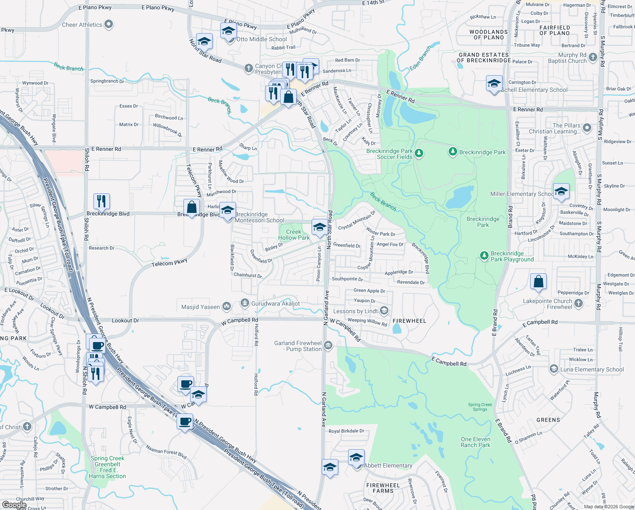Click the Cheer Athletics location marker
pyautogui.click(x=109, y=25)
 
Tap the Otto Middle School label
pyautogui.click(x=261, y=40)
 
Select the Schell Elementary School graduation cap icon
pyautogui.click(x=494, y=83)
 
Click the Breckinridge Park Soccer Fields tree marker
pyautogui.click(x=419, y=153)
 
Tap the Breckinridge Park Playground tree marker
pyautogui.click(x=484, y=256)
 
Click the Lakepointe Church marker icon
pyautogui.click(x=579, y=303)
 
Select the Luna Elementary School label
pyautogui.click(x=592, y=370)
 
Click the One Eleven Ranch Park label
pyautogui.click(x=475, y=442)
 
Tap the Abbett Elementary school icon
pyautogui.click(x=356, y=458)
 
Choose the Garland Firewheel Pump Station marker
pyautogui.click(x=328, y=346)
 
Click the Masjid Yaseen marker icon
pyautogui.click(x=227, y=306)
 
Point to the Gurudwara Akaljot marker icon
pyautogui.click(x=244, y=303)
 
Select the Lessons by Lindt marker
pyautogui.click(x=384, y=311)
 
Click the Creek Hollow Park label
pyautogui.click(x=294, y=235)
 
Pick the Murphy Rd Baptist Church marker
pyautogui.click(x=593, y=60)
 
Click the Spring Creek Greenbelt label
pyautogui.click(x=107, y=467)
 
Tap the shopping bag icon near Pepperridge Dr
pyautogui.click(x=538, y=281)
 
